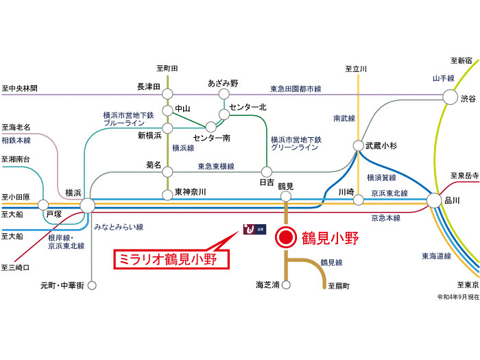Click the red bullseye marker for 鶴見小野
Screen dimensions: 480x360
[x=286, y=237]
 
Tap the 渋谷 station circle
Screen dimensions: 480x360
[x=451, y=97]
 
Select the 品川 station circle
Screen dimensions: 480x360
[x=434, y=201]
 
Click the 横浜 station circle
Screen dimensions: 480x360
[x=88, y=206]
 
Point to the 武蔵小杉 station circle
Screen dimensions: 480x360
[x=358, y=145]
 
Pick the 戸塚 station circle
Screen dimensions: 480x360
[x=43, y=205]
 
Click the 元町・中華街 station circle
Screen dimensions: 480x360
[x=92, y=286]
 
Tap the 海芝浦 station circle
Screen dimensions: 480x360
[x=286, y=285]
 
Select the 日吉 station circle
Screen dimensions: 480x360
[x=267, y=171]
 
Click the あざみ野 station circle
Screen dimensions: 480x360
[x=224, y=94]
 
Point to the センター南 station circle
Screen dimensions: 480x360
[x=211, y=127]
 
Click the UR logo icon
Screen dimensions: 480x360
[x=254, y=229]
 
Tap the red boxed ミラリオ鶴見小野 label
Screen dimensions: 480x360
[x=171, y=260]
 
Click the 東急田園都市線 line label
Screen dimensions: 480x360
[x=296, y=89]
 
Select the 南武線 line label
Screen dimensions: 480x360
[x=344, y=118]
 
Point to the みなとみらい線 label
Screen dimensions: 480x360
[x=119, y=227]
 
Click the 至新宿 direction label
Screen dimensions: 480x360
[x=461, y=60]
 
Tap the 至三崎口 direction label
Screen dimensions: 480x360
[x=15, y=267]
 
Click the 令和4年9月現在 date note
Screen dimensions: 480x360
[x=458, y=297]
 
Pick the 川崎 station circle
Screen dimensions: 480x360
[x=358, y=200]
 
